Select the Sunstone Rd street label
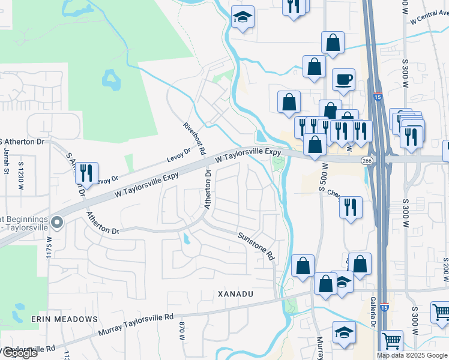[x=256, y=246]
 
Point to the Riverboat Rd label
[x=194, y=138]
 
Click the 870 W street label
[x=182, y=331]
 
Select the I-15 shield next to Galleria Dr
[x=383, y=308]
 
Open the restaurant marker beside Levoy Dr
[x=86, y=173]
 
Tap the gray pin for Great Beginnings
[x=57, y=223]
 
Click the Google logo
[x=19, y=353]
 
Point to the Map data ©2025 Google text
[x=412, y=355]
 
